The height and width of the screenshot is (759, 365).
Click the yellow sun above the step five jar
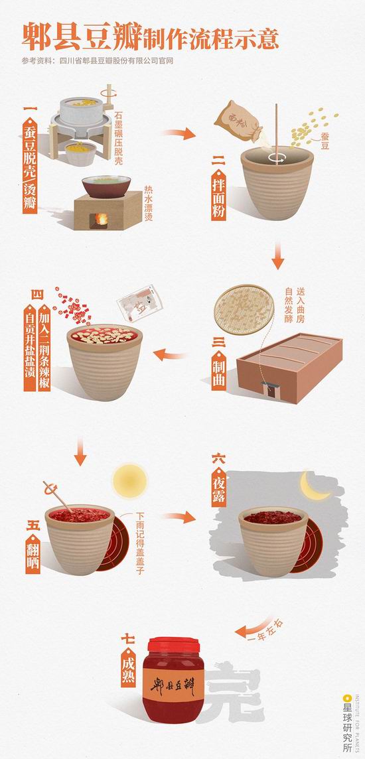coord(129,480)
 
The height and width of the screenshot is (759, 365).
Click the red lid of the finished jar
coord(173,645)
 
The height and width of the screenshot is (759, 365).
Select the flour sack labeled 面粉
coord(239,121)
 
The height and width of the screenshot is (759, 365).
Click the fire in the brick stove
coord(102,219)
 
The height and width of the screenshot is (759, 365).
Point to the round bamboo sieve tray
coord(244,309)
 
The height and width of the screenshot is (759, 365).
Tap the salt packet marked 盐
coord(139,303)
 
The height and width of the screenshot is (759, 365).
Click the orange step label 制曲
coord(219,368)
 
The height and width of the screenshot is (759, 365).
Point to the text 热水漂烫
coord(148,203)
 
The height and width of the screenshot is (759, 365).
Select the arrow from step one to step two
coord(179,134)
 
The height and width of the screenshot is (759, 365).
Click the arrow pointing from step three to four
coord(170,355)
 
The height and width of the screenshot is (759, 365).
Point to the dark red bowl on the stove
coord(106,186)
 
